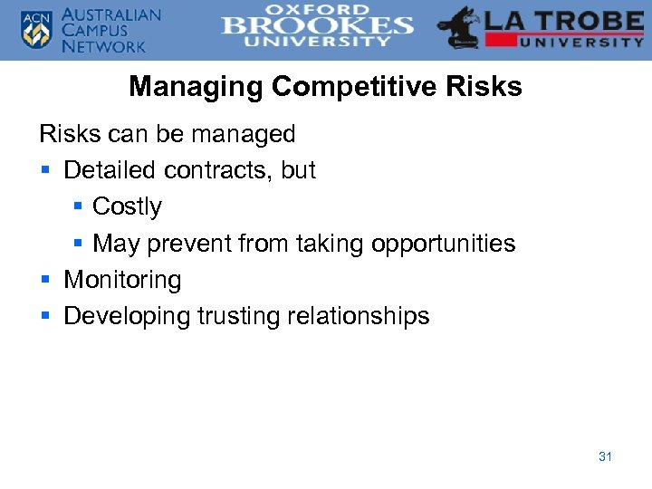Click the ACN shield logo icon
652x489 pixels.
tap(37, 29)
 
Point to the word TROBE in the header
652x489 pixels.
tap(590, 20)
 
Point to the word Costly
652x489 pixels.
tap(127, 207)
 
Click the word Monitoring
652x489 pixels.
tap(122, 281)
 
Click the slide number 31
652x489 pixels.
tap(605, 456)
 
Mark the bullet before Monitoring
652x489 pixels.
tap(44, 281)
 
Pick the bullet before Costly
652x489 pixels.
tap(77, 207)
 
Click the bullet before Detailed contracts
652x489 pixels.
tap(44, 170)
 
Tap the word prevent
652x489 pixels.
tap(188, 244)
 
